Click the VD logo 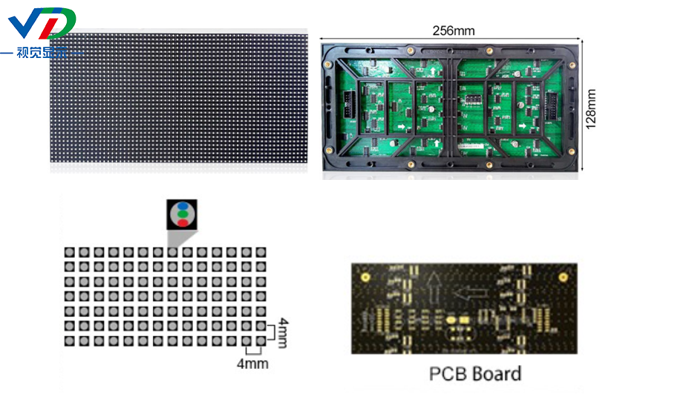point(42,25)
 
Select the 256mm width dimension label point(453,30)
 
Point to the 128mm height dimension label point(592,109)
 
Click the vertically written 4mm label point(283,333)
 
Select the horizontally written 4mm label point(252,364)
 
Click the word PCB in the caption point(448,373)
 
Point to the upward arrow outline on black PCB point(434,285)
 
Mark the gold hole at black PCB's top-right point(566,277)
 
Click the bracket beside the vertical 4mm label point(272,333)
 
